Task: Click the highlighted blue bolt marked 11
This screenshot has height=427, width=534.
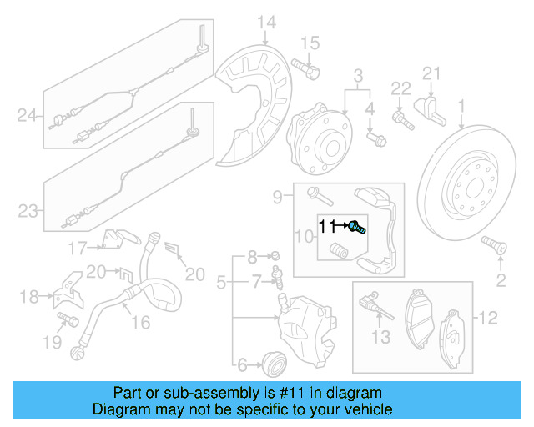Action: click(356, 225)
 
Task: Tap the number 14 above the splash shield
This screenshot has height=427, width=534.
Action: click(265, 22)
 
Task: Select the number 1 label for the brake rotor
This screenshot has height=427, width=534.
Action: click(461, 106)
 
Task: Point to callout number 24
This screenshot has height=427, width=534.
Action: click(28, 116)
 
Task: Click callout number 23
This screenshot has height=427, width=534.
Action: click(28, 211)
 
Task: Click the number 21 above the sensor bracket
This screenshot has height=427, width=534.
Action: click(430, 74)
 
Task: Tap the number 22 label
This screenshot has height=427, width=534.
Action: click(401, 89)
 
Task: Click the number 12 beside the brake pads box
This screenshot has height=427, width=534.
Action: click(487, 316)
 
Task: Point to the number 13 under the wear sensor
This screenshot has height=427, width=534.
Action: click(380, 336)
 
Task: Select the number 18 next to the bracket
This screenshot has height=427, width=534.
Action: click(28, 296)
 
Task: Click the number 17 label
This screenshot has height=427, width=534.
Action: click(77, 247)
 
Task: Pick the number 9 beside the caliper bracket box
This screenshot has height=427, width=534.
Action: click(278, 197)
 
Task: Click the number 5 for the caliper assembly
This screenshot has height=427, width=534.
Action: click(220, 284)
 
